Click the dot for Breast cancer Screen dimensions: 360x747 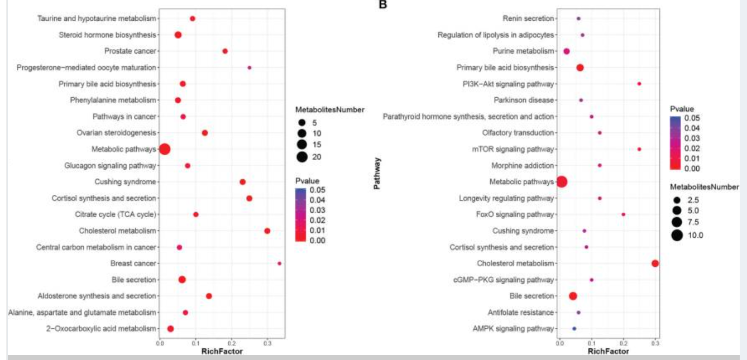tap(279, 263)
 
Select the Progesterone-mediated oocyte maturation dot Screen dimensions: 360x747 tap(250, 68)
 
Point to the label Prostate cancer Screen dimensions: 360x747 tap(130, 51)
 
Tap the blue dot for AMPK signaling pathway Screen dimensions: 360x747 tap(574, 329)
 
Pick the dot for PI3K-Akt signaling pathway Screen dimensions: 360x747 tap(639, 84)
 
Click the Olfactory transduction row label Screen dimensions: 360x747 tap(518, 133)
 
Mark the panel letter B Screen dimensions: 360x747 tap(383, 4)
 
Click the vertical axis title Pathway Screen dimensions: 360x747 tap(377, 174)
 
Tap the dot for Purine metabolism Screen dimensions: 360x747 tap(567, 51)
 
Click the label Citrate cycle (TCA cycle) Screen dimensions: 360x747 tap(115, 214)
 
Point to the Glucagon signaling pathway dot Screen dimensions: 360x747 tap(188, 166)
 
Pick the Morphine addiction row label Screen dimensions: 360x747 tap(523, 166)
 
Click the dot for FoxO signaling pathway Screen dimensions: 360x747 tap(624, 214)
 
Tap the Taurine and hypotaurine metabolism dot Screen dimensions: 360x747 tap(193, 18)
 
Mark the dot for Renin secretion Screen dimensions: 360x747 tap(578, 18)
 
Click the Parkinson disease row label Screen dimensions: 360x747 tap(524, 100)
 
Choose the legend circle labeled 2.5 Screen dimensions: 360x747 tap(677, 200)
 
